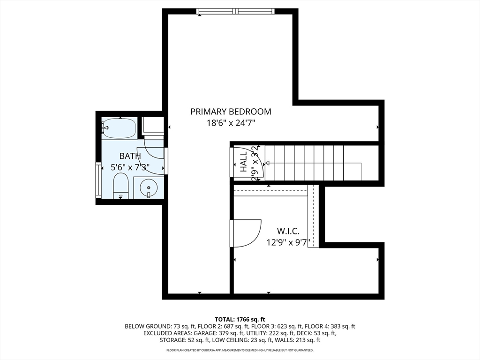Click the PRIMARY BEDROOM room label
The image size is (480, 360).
[x=231, y=112]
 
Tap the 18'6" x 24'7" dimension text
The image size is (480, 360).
[x=231, y=123]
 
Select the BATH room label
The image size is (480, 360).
[x=130, y=156]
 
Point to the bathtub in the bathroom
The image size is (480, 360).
[x=119, y=128]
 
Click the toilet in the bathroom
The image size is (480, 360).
[x=120, y=186]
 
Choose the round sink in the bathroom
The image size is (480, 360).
[x=149, y=187]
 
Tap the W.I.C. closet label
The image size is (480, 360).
[x=288, y=231]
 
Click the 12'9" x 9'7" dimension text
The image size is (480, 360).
[x=288, y=242]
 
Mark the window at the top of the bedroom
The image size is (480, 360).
[x=235, y=11]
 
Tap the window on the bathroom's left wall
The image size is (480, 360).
[x=98, y=180]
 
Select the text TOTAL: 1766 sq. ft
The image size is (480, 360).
[x=240, y=320]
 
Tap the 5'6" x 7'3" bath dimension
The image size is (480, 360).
[x=130, y=167]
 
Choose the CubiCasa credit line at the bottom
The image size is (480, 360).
[x=240, y=350]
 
